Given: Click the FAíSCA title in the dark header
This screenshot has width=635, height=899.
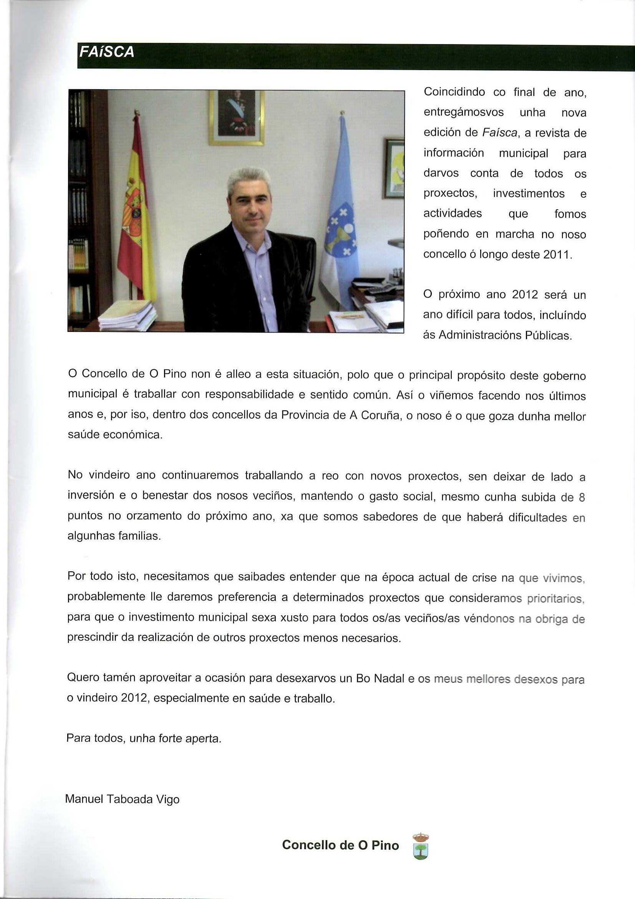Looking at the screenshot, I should (x=107, y=52).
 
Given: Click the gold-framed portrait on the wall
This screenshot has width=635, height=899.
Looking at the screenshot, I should (x=237, y=117).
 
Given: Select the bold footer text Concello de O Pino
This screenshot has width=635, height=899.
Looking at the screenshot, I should (x=340, y=845).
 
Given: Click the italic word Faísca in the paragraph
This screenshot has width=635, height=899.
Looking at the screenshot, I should (x=500, y=133).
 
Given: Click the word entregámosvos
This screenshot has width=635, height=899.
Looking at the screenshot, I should (x=464, y=112).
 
